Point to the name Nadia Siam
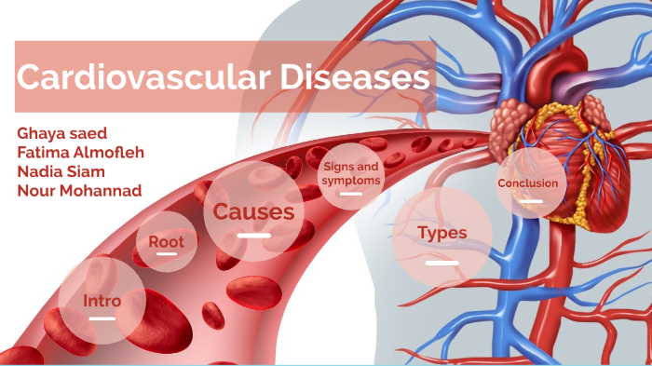click(60, 171)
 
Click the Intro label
click(102, 301)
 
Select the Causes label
click(253, 212)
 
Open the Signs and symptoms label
click(351, 173)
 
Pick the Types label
click(441, 233)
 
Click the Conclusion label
click(528, 183)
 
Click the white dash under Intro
click(102, 319)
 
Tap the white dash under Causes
click(253, 235)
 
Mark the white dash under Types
click(441, 263)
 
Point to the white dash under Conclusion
click(528, 199)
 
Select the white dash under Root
click(167, 254)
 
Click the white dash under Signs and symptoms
click(351, 194)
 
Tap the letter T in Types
click(423, 233)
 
